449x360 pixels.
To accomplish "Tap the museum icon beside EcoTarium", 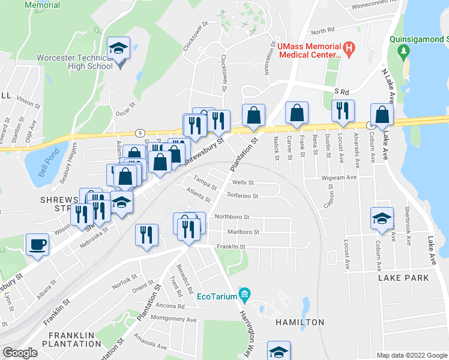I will pos(244,294).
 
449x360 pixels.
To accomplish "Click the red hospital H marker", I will pos(347,46).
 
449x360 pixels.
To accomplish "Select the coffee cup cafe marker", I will pos(37,245).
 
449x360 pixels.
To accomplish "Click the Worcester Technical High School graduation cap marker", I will pos(119,49).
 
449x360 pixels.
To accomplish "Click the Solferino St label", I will pos(243,196).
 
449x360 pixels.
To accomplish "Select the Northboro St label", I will pos(232,217).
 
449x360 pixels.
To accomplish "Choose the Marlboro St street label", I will pos(243,232).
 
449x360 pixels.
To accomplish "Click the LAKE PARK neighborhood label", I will pos(403,278).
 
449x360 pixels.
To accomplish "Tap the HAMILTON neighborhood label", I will pos(300,322).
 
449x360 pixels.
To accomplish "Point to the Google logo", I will pos(20,353).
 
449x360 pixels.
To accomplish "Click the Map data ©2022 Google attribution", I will pos(412,355).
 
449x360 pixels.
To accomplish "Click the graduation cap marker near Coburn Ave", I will pos(381,220).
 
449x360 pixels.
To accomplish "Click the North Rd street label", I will pos(322,31).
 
